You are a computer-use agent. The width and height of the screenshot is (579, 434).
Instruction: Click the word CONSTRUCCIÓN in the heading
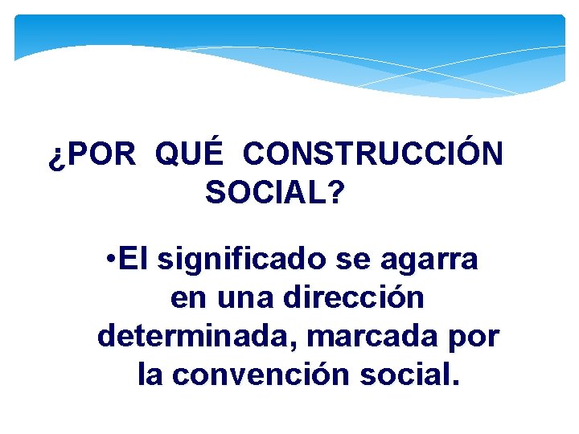(373, 154)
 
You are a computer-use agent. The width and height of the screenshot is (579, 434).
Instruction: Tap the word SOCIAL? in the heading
(275, 193)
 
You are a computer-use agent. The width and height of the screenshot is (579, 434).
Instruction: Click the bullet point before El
(111, 260)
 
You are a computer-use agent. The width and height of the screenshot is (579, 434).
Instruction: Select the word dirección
(355, 298)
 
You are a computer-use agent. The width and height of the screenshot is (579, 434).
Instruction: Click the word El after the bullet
(134, 260)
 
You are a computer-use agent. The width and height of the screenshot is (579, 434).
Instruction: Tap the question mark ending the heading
(336, 193)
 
